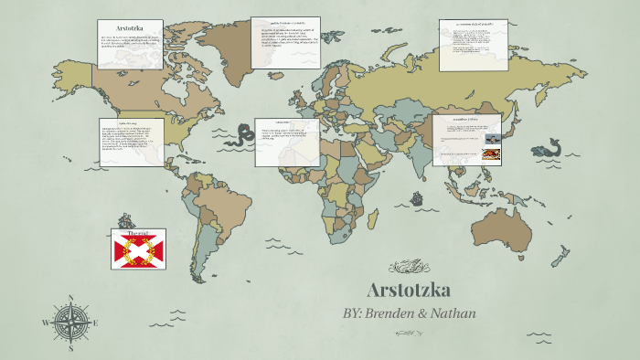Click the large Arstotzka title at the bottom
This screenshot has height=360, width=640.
(x=408, y=291)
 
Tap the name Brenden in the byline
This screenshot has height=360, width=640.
(x=400, y=313)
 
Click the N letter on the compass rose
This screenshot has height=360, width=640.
(x=71, y=298)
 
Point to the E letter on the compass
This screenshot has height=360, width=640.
(x=96, y=323)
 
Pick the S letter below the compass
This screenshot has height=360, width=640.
(x=71, y=348)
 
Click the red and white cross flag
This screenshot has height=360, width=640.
(x=138, y=249)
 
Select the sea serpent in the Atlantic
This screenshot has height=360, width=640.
(x=242, y=138)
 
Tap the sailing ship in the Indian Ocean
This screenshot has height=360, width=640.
(x=416, y=196)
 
